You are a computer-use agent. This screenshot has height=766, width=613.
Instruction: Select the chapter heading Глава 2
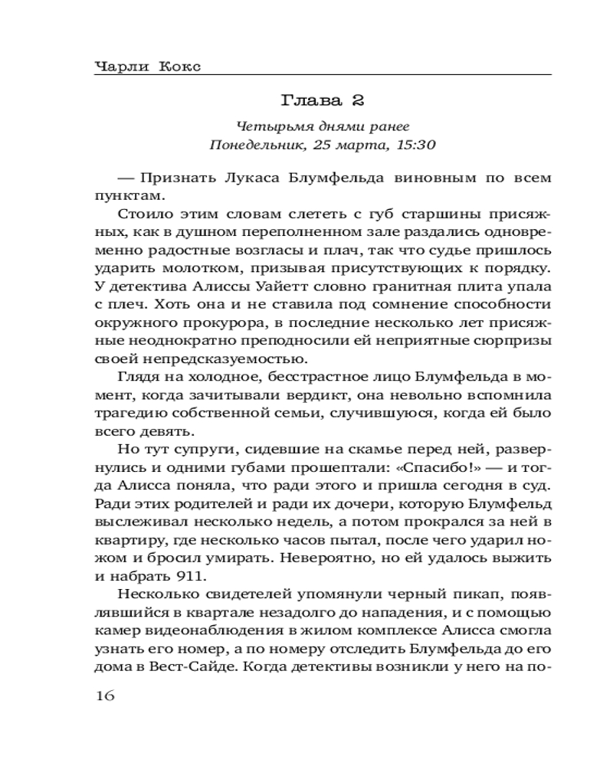[322, 101]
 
